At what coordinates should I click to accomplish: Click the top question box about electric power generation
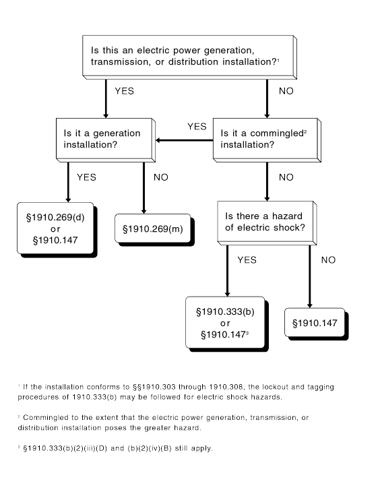pyautogui.click(x=189, y=57)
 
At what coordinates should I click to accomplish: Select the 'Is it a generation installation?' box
pyautogui.click(x=106, y=140)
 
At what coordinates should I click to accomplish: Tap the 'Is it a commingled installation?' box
pyautogui.click(x=267, y=140)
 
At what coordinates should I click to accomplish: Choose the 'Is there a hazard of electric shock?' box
pyautogui.click(x=267, y=223)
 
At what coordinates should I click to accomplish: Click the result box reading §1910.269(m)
pyautogui.click(x=154, y=230)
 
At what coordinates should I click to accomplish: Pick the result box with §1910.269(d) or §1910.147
pyautogui.click(x=57, y=230)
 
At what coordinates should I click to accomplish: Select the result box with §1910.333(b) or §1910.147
pyautogui.click(x=227, y=324)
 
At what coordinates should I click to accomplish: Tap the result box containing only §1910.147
pyautogui.click(x=316, y=324)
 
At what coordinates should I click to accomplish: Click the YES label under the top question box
pyautogui.click(x=124, y=91)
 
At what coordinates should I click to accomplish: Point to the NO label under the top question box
pyautogui.click(x=286, y=91)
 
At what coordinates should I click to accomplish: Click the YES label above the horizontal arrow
pyautogui.click(x=197, y=127)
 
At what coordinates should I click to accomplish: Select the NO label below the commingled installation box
pyautogui.click(x=286, y=177)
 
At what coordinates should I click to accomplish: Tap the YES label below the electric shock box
pyautogui.click(x=247, y=259)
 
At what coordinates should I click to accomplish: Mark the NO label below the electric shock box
pyautogui.click(x=328, y=259)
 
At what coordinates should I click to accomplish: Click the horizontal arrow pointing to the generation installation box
pyautogui.click(x=185, y=140)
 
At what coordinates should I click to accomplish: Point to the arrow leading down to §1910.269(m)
pyautogui.click(x=144, y=188)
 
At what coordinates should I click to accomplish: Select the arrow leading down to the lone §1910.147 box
pyautogui.click(x=310, y=276)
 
